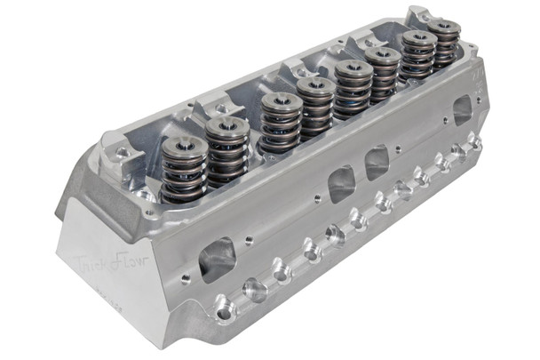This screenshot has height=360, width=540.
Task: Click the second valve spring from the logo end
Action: [x=227, y=147]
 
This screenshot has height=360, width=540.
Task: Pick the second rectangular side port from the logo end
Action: [x=342, y=184]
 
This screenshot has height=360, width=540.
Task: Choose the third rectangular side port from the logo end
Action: [x=377, y=163]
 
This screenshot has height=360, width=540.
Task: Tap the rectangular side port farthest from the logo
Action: [x=462, y=110]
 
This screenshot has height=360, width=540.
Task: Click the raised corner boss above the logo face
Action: [x=116, y=156]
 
